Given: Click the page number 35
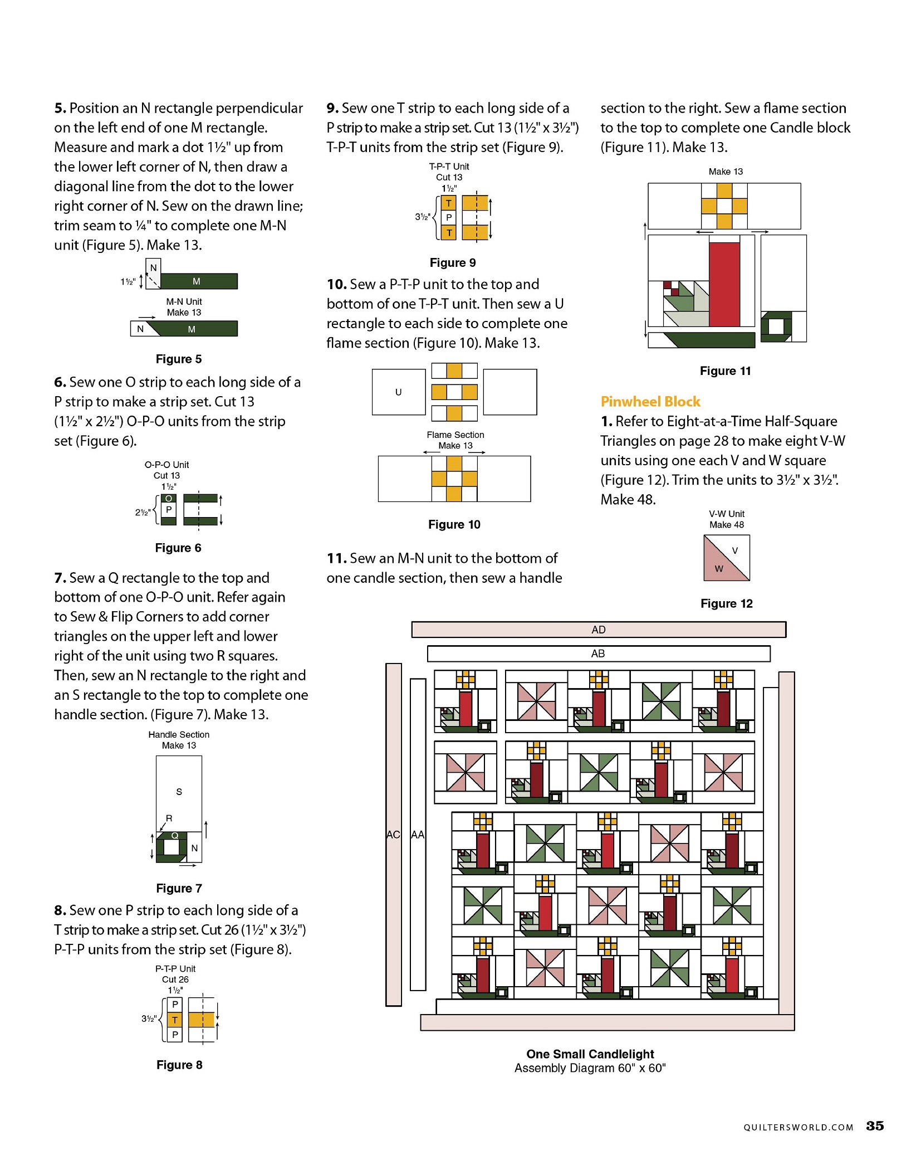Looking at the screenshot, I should pos(875,1126).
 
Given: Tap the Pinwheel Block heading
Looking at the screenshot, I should pos(650,402).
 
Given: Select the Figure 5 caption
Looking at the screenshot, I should pos(178,359).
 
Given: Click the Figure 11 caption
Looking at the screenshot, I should pos(725,371).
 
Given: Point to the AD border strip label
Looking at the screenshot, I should pos(598,630).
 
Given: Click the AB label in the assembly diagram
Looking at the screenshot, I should pos(598,654).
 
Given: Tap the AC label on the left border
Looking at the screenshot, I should pos(393,835).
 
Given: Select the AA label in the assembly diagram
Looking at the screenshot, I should pos(418,835).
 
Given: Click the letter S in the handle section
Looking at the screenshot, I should pos(179,792).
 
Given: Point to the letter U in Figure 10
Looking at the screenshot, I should pos(398,392).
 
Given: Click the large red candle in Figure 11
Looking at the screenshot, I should pos(724,284).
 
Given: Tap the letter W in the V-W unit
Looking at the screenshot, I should pos(719,569).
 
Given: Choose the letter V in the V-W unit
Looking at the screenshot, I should pos(735,551).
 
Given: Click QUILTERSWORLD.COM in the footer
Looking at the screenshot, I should pos(798,1128).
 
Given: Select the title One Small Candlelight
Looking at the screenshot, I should pos(590,1054).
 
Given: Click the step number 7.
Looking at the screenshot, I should pos(60,578).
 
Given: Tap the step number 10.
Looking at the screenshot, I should pos(336,285).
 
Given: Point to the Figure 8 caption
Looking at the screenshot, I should pos(179,1065).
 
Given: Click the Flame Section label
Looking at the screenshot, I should pos(455,435).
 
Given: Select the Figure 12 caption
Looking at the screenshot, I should pos(726,604).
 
